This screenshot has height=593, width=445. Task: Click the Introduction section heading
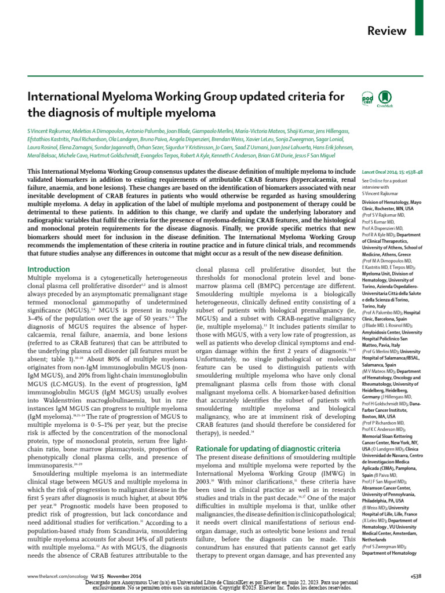49,269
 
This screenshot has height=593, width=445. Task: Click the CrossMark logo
383,98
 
